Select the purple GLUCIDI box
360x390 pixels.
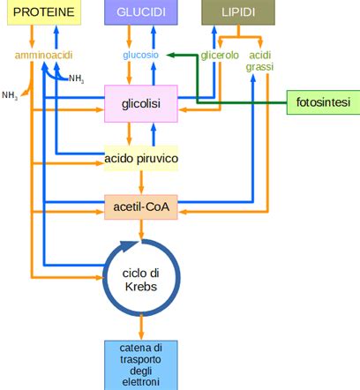141,12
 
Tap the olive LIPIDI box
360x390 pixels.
237,12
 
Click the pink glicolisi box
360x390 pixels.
141,105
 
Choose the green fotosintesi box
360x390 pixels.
322,102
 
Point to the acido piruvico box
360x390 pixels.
141,159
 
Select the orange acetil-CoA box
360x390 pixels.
141,207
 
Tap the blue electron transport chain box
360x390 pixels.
141,364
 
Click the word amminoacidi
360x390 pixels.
42,56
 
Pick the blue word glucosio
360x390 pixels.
141,56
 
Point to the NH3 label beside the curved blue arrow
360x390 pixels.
77,79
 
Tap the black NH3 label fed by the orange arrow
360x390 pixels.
11,95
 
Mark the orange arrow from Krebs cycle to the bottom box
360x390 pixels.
141,328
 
